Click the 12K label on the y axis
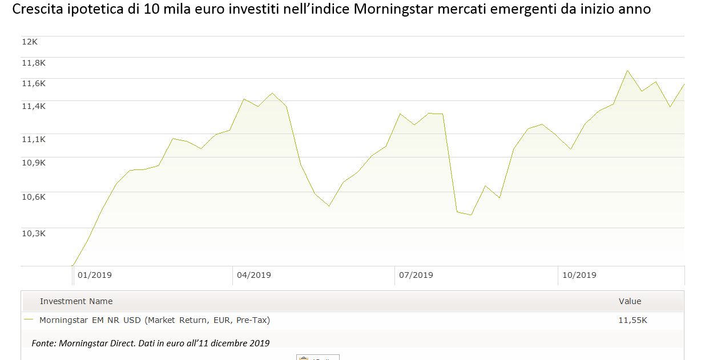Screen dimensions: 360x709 29,41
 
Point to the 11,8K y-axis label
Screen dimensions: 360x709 33,63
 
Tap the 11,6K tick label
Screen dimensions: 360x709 33,83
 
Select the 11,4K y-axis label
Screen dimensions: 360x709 33,106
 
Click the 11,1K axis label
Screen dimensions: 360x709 33,139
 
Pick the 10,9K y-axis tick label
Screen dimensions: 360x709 33,163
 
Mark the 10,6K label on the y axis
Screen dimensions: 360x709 33,197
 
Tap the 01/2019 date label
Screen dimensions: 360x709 95,275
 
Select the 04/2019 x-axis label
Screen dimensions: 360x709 254,275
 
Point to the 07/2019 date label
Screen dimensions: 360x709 416,275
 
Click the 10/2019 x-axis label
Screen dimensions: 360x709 579,275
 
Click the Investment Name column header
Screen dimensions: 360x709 76,301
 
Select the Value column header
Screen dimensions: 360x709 630,301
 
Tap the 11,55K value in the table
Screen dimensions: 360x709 633,321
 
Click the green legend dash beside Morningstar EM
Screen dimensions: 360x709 29,321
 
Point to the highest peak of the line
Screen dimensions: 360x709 627,71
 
